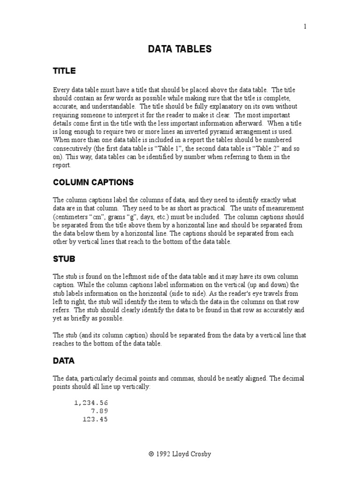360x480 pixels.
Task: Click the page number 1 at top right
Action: (305, 27)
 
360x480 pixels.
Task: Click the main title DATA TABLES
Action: (180, 49)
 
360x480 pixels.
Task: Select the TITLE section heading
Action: (64, 71)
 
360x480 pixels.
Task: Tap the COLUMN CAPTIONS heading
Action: (93, 182)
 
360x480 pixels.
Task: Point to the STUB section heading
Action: (64, 259)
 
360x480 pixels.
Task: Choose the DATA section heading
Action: (64, 361)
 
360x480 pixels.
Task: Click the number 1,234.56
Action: (91, 403)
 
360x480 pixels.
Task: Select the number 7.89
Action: (99, 411)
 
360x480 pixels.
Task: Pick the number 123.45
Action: (95, 420)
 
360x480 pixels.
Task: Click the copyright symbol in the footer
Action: (151, 454)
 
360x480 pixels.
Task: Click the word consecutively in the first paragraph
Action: (70, 148)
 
